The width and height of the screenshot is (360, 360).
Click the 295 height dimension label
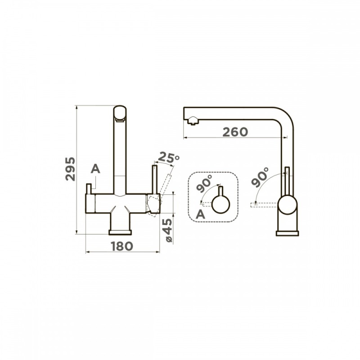(x=70, y=169)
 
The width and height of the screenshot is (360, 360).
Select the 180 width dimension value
(x=122, y=246)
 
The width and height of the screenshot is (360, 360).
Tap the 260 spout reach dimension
(x=235, y=132)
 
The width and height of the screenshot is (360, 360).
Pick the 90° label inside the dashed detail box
(x=204, y=184)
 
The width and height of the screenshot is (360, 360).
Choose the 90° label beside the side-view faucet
(x=260, y=177)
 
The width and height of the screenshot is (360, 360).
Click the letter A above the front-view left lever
(x=95, y=169)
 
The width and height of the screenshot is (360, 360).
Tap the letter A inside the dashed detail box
(x=200, y=215)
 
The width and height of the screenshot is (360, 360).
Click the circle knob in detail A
(x=220, y=204)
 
